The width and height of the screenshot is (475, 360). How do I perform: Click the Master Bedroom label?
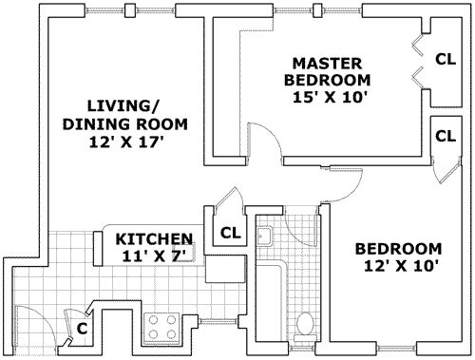point(327,71)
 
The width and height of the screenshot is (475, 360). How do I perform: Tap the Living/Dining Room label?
point(125,115)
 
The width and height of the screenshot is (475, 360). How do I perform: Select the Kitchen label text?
point(154,238)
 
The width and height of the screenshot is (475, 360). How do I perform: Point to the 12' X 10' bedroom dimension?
point(398,266)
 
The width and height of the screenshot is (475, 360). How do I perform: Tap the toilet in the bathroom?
point(305,326)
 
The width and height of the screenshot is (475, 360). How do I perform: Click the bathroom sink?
point(264,236)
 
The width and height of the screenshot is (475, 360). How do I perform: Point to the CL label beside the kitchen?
point(231,233)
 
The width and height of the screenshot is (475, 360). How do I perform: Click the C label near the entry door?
point(82,330)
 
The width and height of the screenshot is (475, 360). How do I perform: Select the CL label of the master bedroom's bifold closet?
point(446,59)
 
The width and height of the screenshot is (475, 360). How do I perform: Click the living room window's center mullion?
point(128,10)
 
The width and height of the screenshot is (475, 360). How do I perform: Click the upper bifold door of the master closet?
point(417,45)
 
